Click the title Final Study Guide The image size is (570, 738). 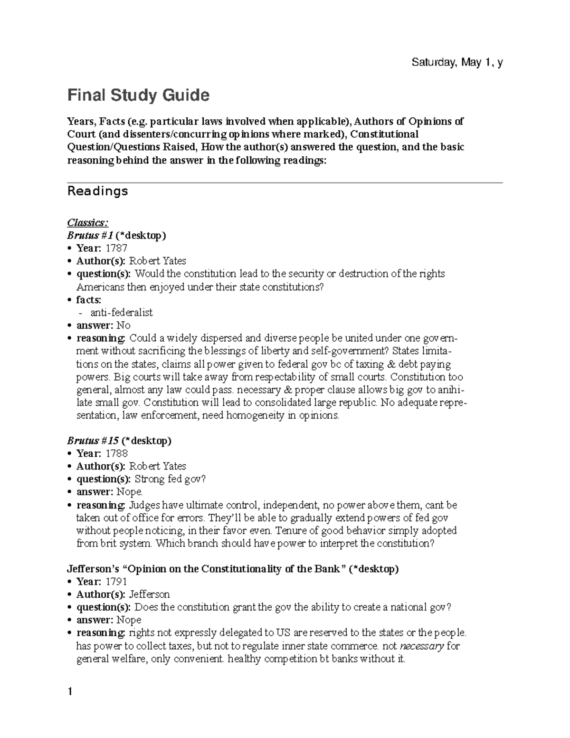point(138,96)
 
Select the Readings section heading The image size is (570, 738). point(98,191)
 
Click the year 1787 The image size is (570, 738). point(116,248)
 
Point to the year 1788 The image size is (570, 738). point(116,453)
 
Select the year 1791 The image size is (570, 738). point(116,582)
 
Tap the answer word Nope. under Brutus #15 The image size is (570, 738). point(130,492)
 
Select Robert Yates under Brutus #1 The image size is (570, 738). point(157,261)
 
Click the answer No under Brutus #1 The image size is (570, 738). point(123,325)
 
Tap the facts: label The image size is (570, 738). point(89,299)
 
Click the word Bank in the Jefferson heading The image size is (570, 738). point(328,569)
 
